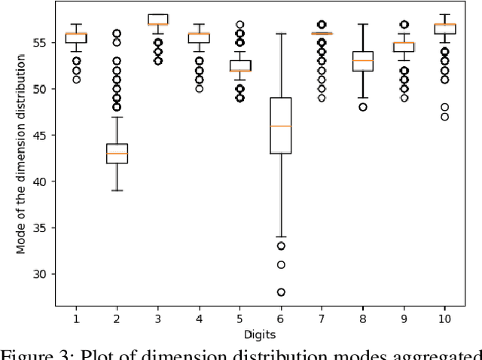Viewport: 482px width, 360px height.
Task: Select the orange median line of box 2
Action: [x=117, y=154]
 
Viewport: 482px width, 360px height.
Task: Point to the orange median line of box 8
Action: [x=362, y=60]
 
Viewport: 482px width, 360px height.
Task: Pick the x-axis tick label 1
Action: [x=76, y=320]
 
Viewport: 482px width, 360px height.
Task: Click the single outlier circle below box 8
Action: [x=362, y=107]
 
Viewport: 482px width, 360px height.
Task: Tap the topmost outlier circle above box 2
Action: [x=117, y=34]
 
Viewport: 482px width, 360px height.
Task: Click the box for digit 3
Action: [x=157, y=19]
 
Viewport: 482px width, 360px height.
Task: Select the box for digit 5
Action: [x=239, y=66]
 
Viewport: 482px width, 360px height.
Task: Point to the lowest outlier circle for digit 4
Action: [x=199, y=88]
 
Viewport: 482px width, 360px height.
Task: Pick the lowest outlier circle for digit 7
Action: [x=322, y=98]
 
